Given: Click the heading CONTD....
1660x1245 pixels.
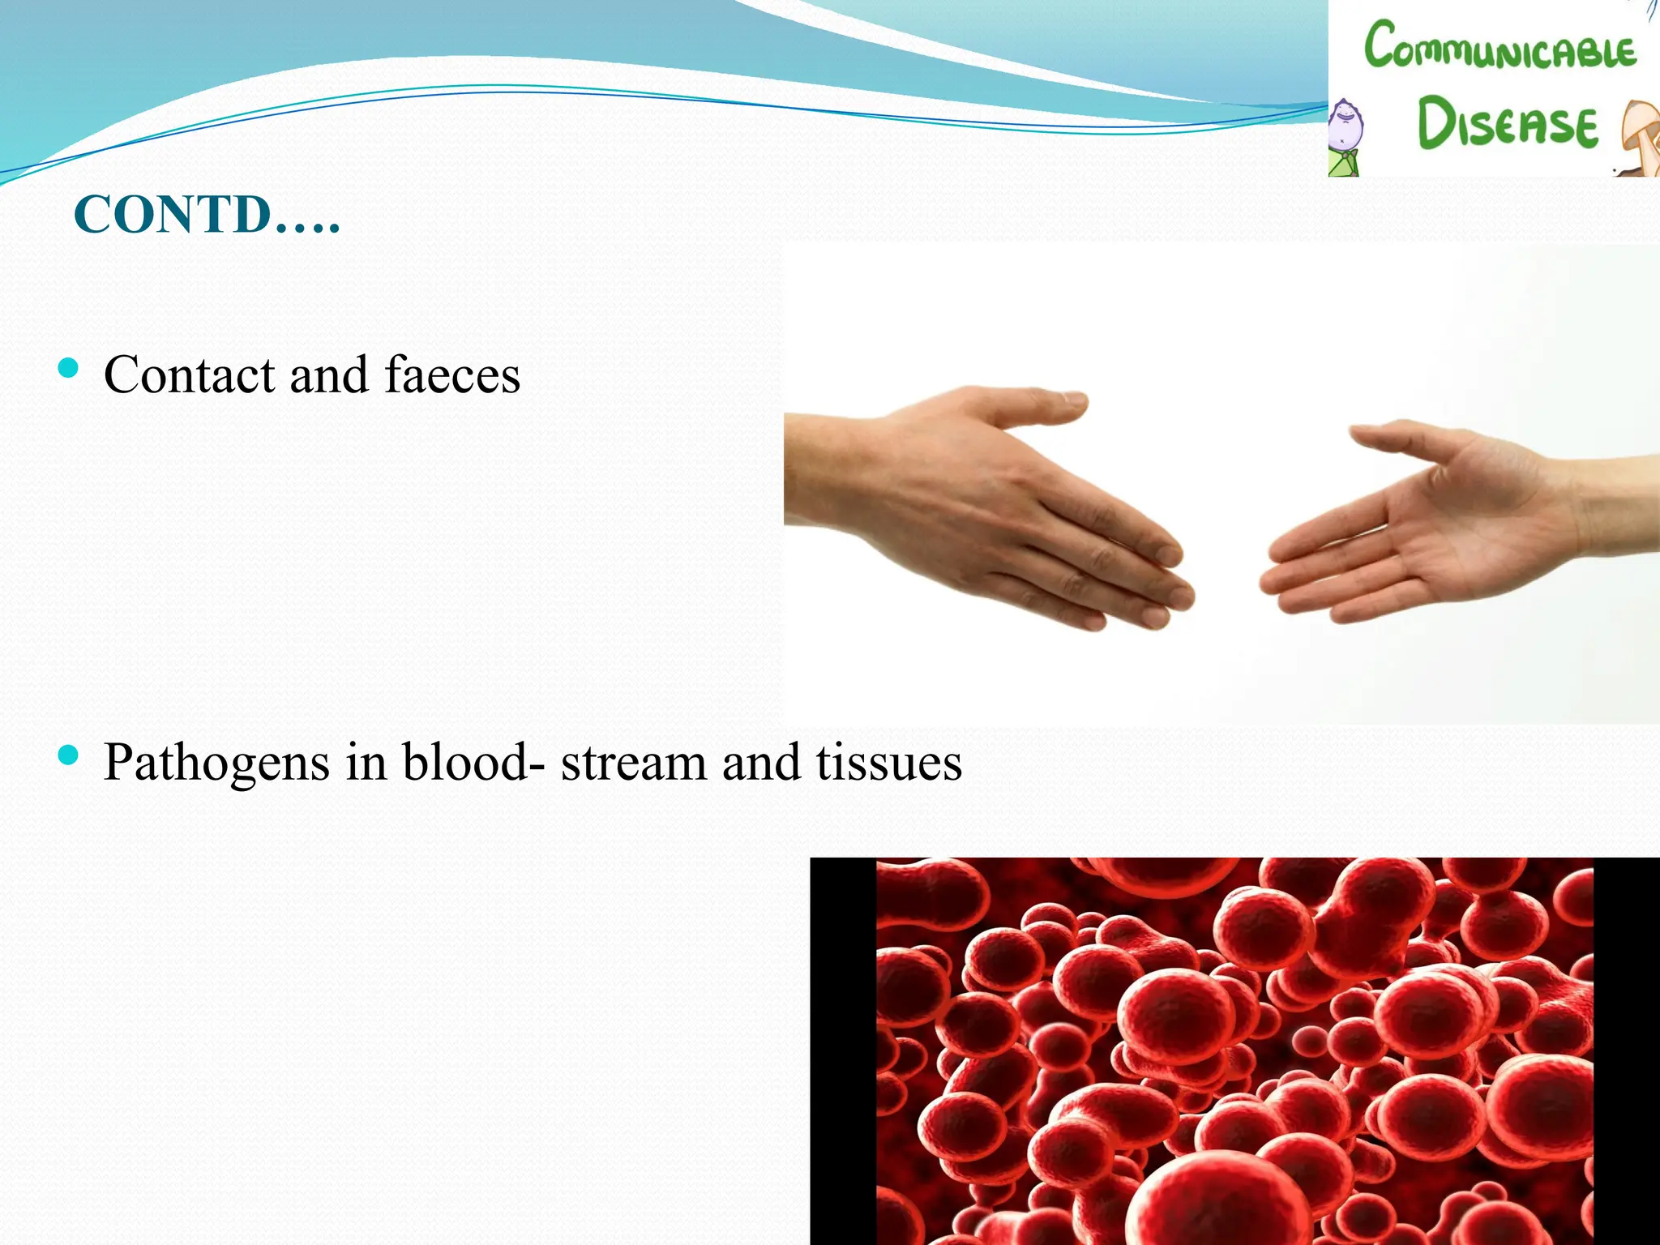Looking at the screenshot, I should tap(206, 215).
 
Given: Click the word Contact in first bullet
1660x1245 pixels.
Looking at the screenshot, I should tap(189, 375).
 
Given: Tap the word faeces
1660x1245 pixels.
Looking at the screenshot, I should tap(451, 375).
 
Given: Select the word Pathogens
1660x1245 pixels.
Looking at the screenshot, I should tap(216, 764).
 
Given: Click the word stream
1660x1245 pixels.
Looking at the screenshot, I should tap(633, 764).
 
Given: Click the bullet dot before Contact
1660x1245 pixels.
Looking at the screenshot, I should tap(69, 369).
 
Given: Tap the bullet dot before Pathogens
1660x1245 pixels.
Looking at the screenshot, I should tap(69, 756).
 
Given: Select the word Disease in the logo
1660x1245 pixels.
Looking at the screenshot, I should tap(1507, 124).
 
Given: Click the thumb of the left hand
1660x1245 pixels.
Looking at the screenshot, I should tap(1029, 405).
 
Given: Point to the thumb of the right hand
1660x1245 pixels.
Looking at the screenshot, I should tap(1402, 438).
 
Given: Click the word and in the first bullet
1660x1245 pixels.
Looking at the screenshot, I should tap(329, 375).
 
